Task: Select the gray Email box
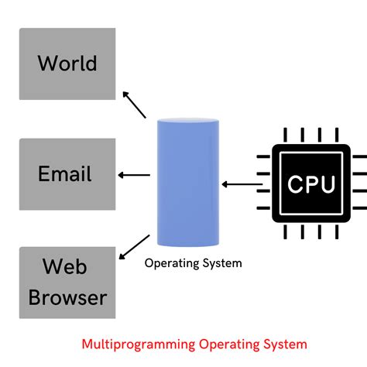67,174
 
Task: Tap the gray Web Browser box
67,283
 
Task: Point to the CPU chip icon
311,184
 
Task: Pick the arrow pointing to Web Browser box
133,247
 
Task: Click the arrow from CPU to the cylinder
241,184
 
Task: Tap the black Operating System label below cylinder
193,263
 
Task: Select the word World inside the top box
67,63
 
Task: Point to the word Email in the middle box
64,173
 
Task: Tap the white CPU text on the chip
311,185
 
